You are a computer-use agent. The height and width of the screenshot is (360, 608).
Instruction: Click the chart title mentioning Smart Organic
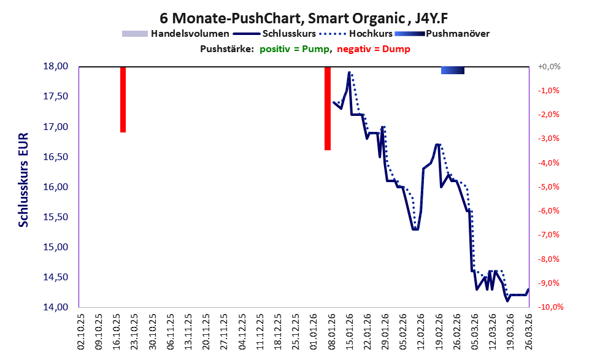[304, 18]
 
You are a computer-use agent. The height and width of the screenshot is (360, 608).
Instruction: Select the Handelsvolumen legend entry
[175, 34]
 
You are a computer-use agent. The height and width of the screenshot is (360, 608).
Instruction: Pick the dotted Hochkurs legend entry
[356, 34]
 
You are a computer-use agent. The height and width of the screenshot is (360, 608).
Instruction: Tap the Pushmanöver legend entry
[442, 34]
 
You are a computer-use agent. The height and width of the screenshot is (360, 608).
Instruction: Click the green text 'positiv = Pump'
[294, 49]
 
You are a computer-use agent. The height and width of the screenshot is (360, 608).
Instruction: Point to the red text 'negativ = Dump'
[374, 49]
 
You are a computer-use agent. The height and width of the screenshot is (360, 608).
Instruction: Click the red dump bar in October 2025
[123, 99]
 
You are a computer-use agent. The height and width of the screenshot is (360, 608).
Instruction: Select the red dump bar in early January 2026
[328, 109]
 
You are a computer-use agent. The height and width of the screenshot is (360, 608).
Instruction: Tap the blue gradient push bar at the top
[453, 70]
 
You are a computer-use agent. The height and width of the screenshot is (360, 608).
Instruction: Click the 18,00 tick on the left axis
[55, 66]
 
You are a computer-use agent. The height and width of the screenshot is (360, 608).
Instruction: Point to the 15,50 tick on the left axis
[55, 217]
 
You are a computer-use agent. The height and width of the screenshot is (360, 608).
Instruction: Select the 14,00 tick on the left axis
[55, 307]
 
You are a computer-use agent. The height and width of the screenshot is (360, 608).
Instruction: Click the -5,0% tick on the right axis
[548, 187]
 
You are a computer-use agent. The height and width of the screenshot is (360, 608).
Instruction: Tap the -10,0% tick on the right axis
[550, 307]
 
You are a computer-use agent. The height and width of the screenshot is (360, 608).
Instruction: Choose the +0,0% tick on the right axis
[549, 67]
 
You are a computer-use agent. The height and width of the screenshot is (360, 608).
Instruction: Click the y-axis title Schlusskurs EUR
[23, 180]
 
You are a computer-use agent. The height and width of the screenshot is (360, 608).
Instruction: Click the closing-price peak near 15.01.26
[349, 72]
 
